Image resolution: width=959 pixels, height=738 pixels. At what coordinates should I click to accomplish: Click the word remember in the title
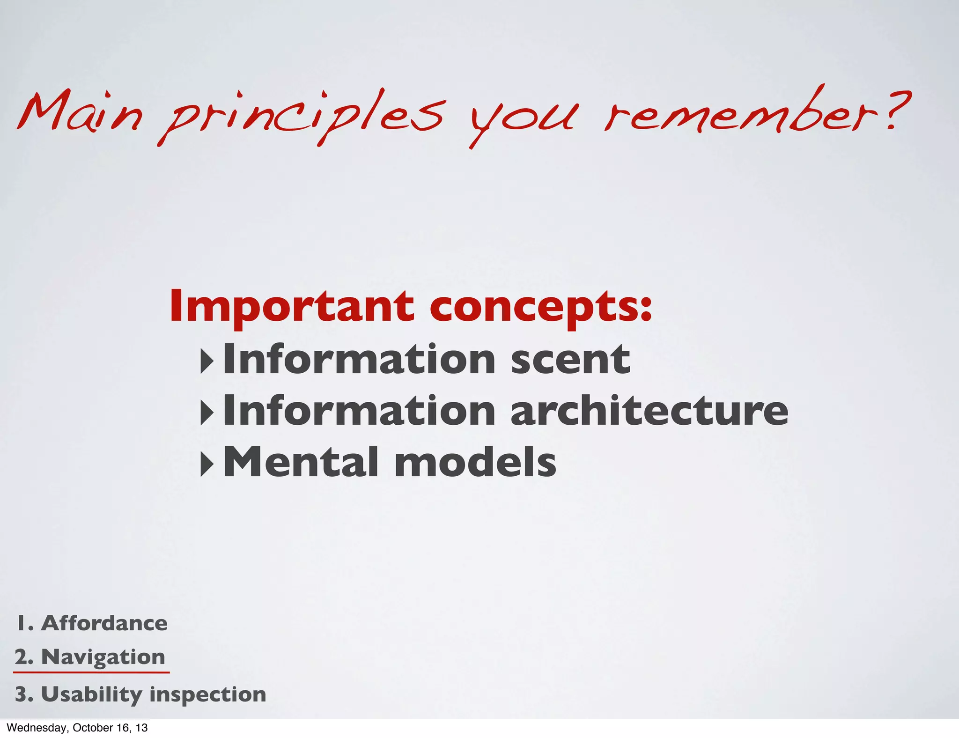coord(745,112)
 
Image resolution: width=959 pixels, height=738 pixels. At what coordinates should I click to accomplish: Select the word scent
coord(570,360)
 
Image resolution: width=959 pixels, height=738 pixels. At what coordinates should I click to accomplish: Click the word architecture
coord(649,411)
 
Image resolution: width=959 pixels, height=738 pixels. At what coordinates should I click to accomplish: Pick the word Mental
coord(300,462)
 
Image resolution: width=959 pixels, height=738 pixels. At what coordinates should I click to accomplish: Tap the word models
coord(475,462)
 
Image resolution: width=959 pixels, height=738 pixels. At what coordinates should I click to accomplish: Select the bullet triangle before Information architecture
coord(207,413)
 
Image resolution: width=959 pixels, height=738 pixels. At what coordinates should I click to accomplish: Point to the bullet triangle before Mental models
coord(207,464)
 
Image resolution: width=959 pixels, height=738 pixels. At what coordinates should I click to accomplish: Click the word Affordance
coord(104,623)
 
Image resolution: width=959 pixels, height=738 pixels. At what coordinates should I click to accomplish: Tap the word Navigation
coord(103,657)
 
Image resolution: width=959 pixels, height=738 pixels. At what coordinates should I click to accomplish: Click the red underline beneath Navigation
coord(91,672)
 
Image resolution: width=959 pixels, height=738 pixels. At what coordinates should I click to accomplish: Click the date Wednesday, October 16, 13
coord(77,728)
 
